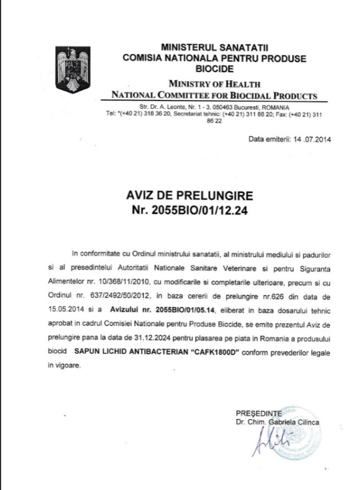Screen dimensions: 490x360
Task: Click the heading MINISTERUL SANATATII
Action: [215, 47]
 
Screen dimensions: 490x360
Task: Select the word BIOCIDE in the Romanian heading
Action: [215, 69]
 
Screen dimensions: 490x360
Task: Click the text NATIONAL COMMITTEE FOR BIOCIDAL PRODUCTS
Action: [215, 95]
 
